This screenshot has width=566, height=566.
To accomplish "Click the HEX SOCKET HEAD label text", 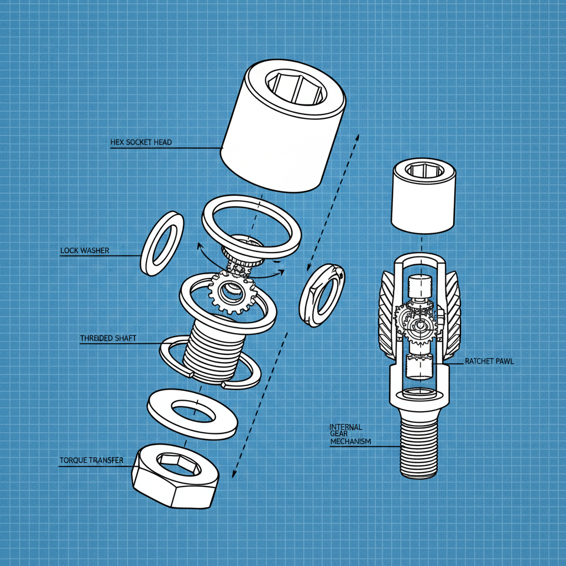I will coord(141,142).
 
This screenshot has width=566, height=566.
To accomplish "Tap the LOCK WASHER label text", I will coord(85,250).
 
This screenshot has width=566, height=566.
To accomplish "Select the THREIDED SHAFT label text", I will coord(108,338).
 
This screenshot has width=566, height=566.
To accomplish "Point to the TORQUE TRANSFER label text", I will coord(91,460).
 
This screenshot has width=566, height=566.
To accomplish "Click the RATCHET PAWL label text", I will coord(489,361).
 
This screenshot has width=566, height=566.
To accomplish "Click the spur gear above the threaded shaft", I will coord(232,293).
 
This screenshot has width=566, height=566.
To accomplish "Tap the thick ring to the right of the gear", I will coord(322,295).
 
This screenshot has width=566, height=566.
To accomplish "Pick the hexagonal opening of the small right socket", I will coord(424,169).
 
